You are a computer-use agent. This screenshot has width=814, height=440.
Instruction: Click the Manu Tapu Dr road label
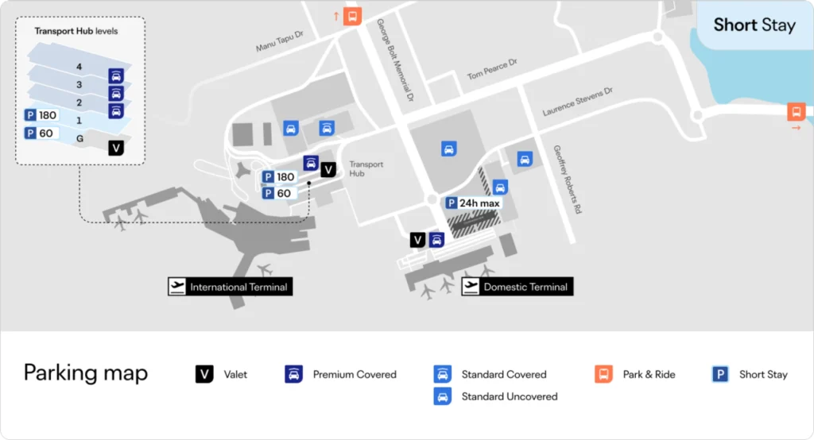tap(280, 41)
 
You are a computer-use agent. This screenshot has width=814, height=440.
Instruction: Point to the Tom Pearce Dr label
tap(492, 69)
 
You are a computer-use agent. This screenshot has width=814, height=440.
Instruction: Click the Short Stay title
tap(754, 25)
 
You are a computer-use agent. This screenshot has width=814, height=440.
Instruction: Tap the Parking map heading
tap(86, 372)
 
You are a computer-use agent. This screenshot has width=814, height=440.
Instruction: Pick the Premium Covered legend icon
tap(294, 374)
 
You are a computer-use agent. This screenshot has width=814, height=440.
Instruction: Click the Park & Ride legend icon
tap(603, 374)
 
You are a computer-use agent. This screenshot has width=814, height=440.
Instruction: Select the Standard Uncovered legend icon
tap(443, 396)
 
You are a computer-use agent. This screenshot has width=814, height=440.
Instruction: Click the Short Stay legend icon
tap(720, 374)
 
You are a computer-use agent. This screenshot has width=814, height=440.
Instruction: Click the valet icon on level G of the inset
tap(116, 148)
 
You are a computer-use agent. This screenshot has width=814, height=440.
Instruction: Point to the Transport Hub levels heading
tap(76, 32)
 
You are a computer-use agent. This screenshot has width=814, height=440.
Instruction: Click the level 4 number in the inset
tap(79, 67)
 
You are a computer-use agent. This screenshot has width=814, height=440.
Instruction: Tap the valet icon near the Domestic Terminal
tap(418, 240)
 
